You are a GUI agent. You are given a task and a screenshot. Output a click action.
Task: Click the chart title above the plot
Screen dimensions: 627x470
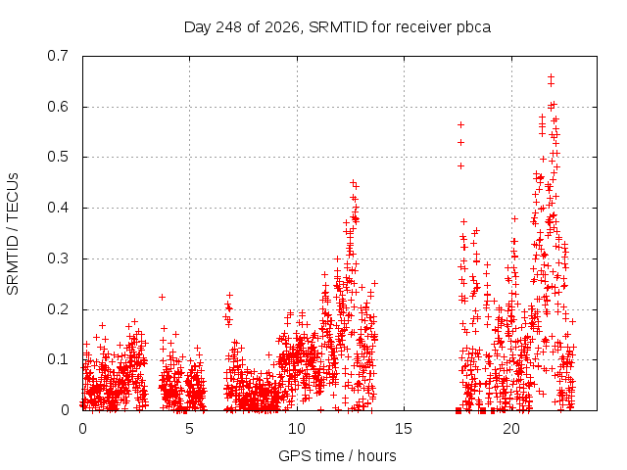click(337, 27)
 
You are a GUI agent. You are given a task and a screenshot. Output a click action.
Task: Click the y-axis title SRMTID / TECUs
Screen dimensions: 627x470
click(13, 234)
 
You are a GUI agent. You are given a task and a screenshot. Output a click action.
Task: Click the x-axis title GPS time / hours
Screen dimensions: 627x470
click(337, 455)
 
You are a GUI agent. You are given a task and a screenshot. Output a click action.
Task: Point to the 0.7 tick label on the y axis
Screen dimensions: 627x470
click(58, 56)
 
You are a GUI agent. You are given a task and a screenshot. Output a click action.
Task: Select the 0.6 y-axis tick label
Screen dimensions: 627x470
click(58, 107)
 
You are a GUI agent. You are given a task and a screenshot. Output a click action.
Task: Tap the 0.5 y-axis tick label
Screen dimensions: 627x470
click(58, 157)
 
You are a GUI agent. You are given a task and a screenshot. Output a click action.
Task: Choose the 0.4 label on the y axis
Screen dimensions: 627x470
click(58, 208)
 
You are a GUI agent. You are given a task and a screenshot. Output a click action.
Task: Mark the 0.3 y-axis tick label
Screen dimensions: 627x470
click(58, 258)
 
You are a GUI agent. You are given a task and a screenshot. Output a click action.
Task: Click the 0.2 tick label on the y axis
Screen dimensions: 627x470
click(58, 309)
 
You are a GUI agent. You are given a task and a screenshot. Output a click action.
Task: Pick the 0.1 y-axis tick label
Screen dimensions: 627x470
click(58, 359)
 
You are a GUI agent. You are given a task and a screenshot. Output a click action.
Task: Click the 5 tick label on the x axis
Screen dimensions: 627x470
click(189, 429)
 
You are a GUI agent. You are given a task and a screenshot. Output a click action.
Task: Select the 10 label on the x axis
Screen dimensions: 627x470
click(297, 429)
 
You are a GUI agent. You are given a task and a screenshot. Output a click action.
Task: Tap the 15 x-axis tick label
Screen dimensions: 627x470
click(404, 429)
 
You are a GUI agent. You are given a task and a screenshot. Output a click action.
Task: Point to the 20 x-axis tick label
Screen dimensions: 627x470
click(511, 429)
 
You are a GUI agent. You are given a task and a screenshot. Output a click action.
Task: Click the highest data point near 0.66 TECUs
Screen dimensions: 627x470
click(551, 76)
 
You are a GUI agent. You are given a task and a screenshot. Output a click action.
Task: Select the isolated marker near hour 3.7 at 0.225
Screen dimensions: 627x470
click(162, 297)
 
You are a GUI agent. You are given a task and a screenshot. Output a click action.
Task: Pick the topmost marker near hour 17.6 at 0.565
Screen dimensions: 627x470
click(461, 125)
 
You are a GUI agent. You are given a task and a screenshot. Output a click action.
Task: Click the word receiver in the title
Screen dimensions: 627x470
click(424, 27)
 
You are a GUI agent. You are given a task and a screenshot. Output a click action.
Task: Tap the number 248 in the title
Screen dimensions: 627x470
click(228, 27)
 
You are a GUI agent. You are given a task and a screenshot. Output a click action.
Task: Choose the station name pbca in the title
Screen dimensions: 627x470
click(474, 28)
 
